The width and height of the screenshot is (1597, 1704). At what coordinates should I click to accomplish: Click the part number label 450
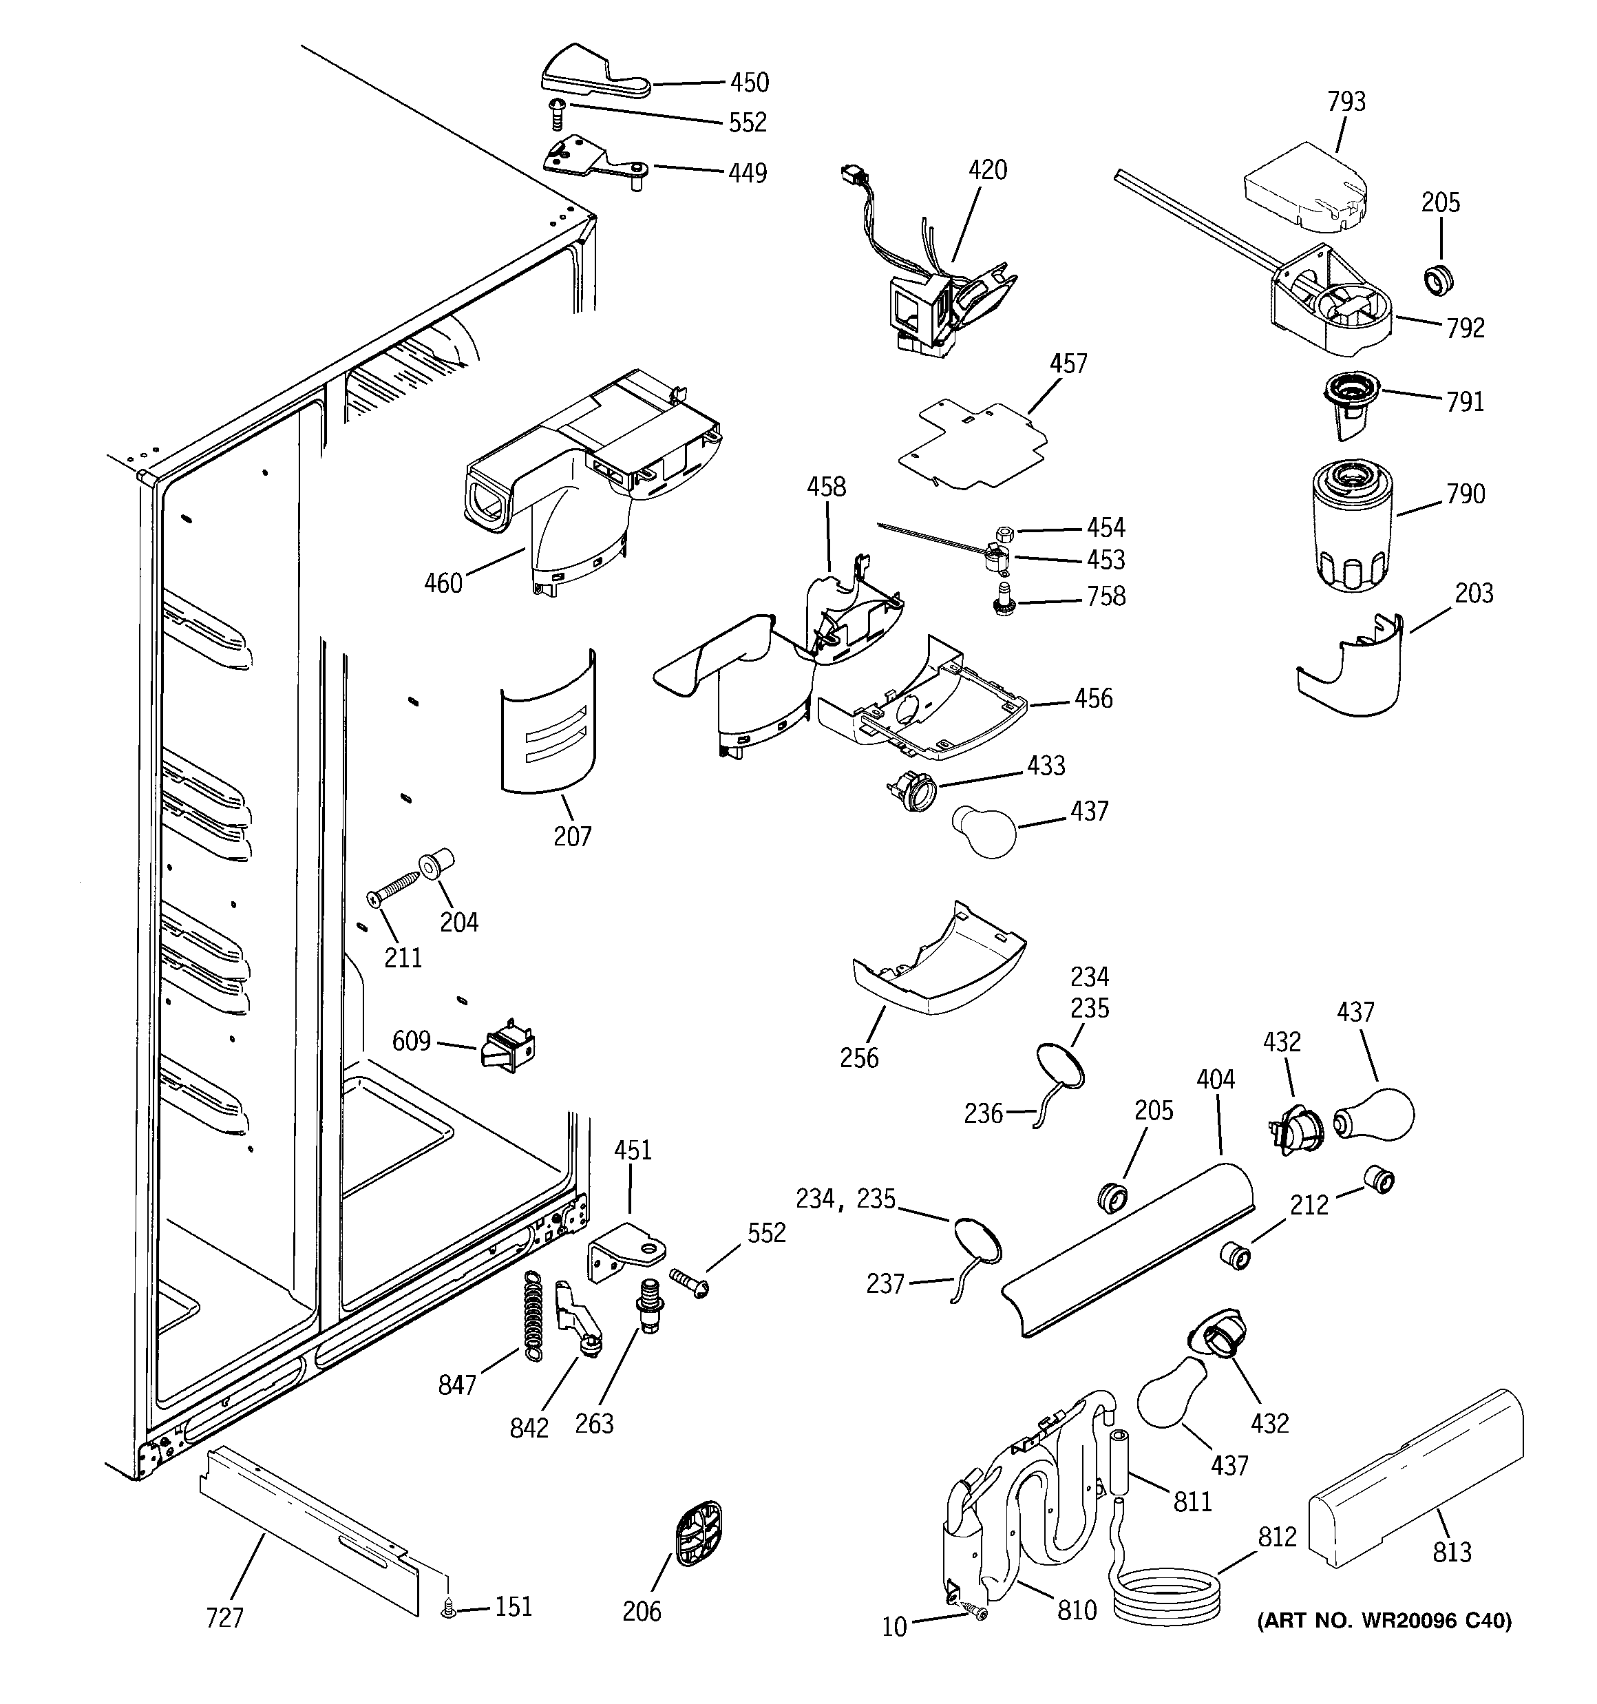click(x=749, y=83)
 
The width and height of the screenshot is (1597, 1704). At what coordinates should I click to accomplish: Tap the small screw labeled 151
click(x=447, y=1612)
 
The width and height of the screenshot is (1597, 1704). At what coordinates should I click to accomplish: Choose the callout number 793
click(x=1346, y=102)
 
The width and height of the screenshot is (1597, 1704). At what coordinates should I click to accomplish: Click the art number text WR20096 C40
click(x=1384, y=1621)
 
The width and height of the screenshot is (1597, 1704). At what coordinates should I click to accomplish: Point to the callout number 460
click(x=443, y=584)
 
